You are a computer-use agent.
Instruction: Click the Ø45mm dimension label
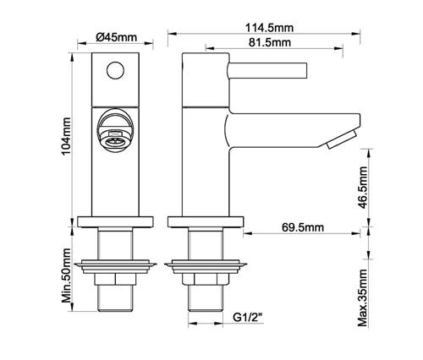click(x=116, y=37)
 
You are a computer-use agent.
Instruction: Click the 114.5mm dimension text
click(x=269, y=28)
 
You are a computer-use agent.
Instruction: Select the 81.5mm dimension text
click(x=270, y=42)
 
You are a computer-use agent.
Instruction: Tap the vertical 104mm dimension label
click(x=67, y=136)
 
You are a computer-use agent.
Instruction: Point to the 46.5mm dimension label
click(x=363, y=188)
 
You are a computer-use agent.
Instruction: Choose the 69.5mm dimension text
click(x=303, y=227)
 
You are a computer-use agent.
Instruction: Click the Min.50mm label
click(x=67, y=275)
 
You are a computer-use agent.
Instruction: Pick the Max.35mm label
click(x=363, y=297)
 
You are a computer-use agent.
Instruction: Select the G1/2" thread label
click(x=248, y=318)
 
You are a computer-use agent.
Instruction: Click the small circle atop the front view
click(x=115, y=70)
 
